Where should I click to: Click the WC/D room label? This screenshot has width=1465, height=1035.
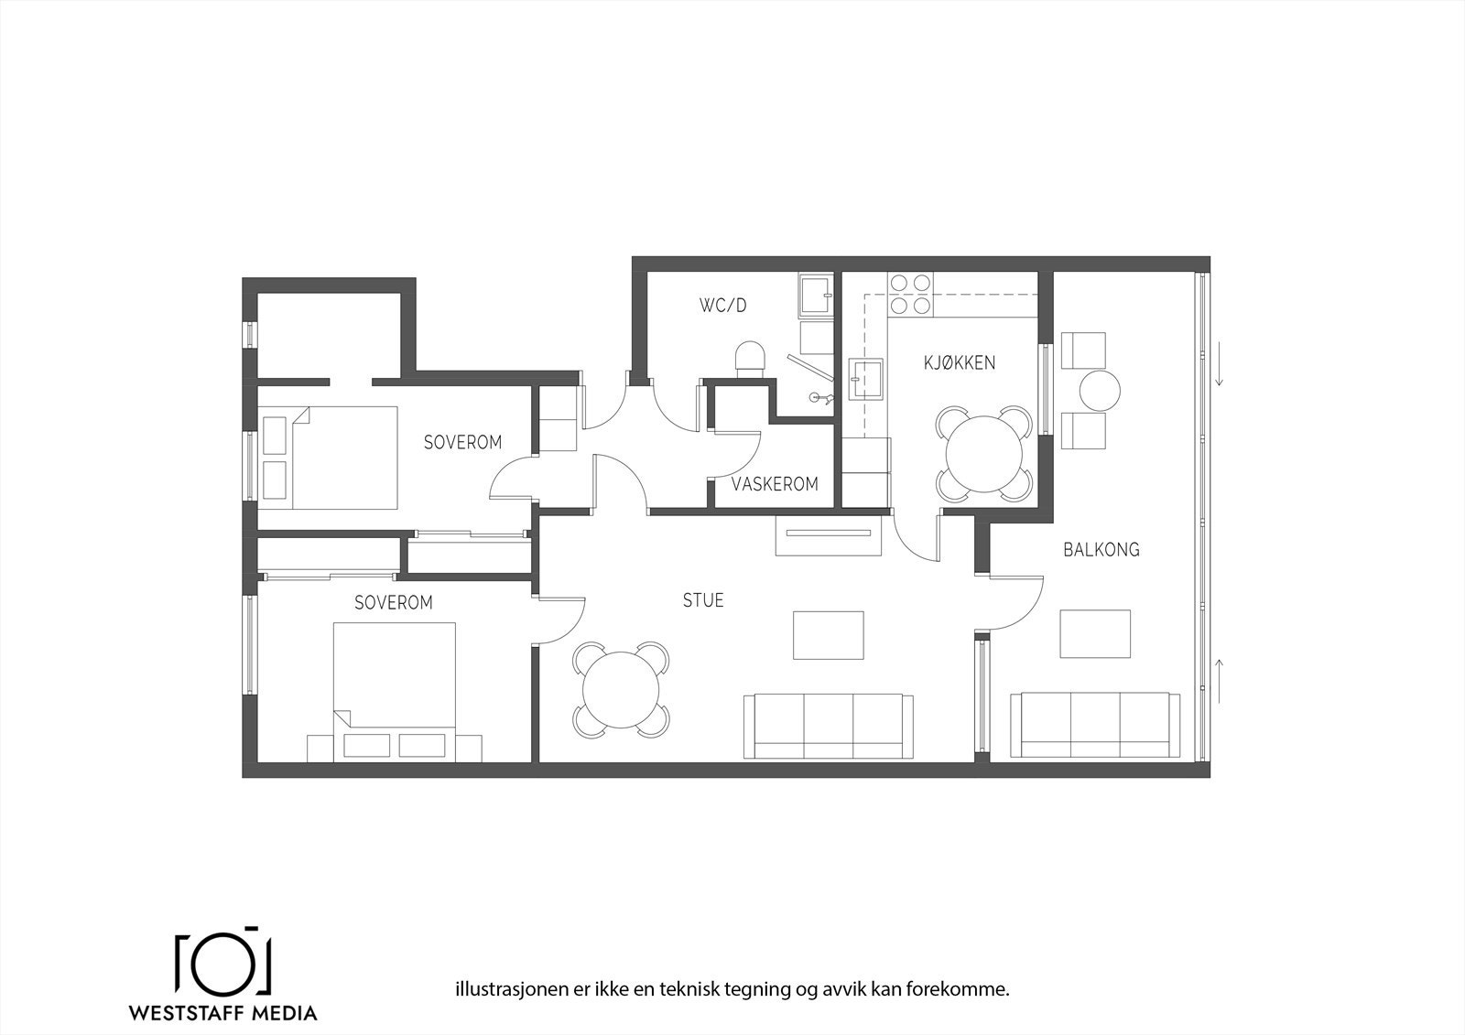coord(722,306)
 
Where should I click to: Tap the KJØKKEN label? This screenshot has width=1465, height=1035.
coord(960,363)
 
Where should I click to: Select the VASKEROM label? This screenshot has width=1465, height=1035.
coord(775,484)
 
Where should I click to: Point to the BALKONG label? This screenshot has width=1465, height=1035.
coord(1101,550)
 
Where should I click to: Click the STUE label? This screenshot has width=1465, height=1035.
coord(703,600)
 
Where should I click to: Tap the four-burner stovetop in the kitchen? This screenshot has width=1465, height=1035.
coord(910,295)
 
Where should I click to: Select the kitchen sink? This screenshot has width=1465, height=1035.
coord(866,379)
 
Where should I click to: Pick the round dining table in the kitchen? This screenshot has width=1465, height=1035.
coord(984,454)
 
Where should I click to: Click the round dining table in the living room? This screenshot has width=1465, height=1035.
coord(621,690)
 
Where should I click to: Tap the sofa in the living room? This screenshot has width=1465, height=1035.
coord(828,727)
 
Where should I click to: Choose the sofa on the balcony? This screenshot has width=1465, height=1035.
coord(1095,725)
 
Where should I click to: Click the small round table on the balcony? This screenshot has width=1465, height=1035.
coord(1100,391)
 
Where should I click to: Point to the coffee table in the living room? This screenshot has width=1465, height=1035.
coord(829,635)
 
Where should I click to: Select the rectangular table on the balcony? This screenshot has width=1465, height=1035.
coord(1095,633)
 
